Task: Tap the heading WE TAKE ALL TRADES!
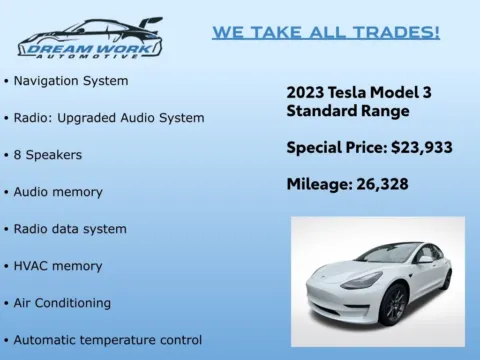click(x=326, y=32)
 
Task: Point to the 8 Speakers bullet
click(x=47, y=155)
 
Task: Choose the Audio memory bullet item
click(x=57, y=191)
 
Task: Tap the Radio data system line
click(x=69, y=229)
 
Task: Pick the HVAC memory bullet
click(x=57, y=266)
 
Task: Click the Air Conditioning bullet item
click(x=62, y=303)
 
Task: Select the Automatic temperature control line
click(x=107, y=340)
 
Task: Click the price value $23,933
click(x=421, y=148)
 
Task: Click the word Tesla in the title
click(x=354, y=92)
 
